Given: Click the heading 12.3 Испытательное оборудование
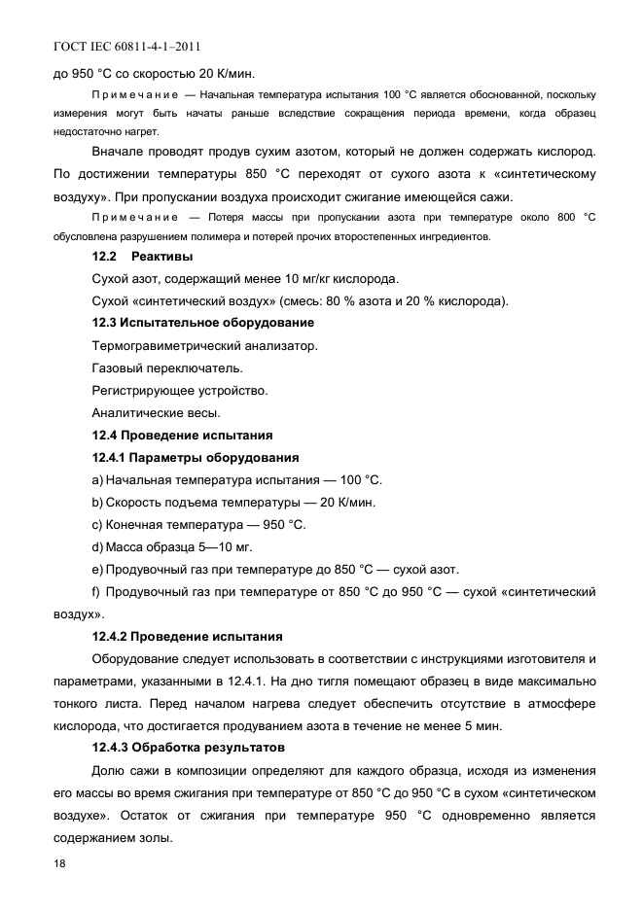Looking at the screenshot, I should (x=202, y=322).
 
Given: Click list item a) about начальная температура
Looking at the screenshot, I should (x=237, y=479).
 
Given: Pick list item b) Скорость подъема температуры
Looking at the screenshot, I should (x=233, y=502).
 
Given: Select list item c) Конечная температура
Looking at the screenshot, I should (x=198, y=525).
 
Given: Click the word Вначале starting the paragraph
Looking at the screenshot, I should (x=119, y=153).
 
